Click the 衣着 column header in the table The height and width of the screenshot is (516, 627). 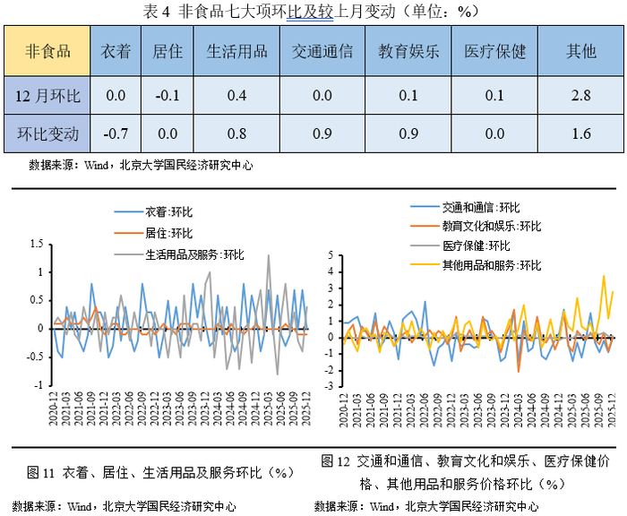point(116,51)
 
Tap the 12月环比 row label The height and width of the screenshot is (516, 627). point(49,96)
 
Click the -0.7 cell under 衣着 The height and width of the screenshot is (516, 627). point(116,134)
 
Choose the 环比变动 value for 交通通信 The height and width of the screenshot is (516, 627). point(322,134)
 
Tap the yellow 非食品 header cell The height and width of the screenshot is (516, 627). point(49,51)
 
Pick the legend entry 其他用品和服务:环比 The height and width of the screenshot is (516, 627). point(492,265)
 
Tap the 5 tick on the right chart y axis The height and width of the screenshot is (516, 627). point(330,255)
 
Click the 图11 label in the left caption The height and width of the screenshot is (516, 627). point(42,472)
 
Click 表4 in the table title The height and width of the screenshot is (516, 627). point(156,11)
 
